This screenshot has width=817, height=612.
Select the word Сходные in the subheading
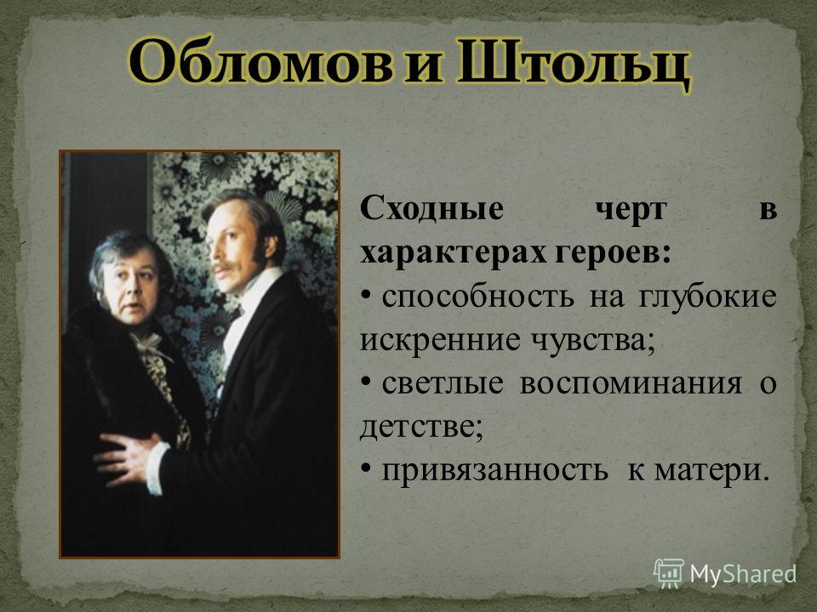point(432,209)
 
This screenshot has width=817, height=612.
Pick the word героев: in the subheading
point(612,256)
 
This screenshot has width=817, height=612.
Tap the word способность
point(477,297)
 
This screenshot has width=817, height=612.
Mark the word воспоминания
point(631,385)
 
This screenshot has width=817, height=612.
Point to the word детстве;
point(421,428)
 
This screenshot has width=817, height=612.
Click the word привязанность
point(494,472)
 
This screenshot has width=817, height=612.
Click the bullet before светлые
point(366,384)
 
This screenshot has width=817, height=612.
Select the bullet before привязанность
point(366,470)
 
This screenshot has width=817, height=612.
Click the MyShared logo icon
point(669,574)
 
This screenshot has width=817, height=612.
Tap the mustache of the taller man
point(223,268)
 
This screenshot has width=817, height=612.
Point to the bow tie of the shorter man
point(148,344)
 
